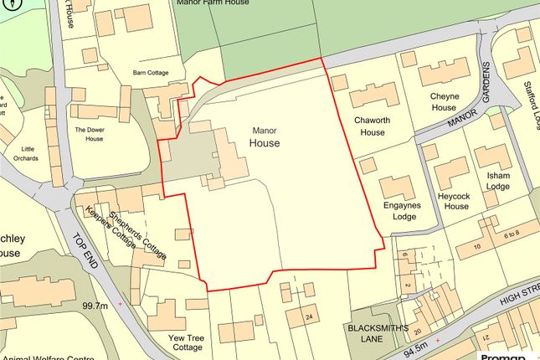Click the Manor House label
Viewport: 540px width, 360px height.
coord(265,137)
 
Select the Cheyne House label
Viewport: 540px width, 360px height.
coord(445,101)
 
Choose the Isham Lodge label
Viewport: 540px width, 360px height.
coord(499,182)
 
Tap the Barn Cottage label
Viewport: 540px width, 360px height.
coord(151,73)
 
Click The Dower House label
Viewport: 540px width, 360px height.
coord(89,134)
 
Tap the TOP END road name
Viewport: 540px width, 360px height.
coord(88,249)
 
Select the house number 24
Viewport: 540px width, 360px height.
coord(309,316)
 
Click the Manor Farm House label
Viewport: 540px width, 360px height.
coord(212,3)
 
